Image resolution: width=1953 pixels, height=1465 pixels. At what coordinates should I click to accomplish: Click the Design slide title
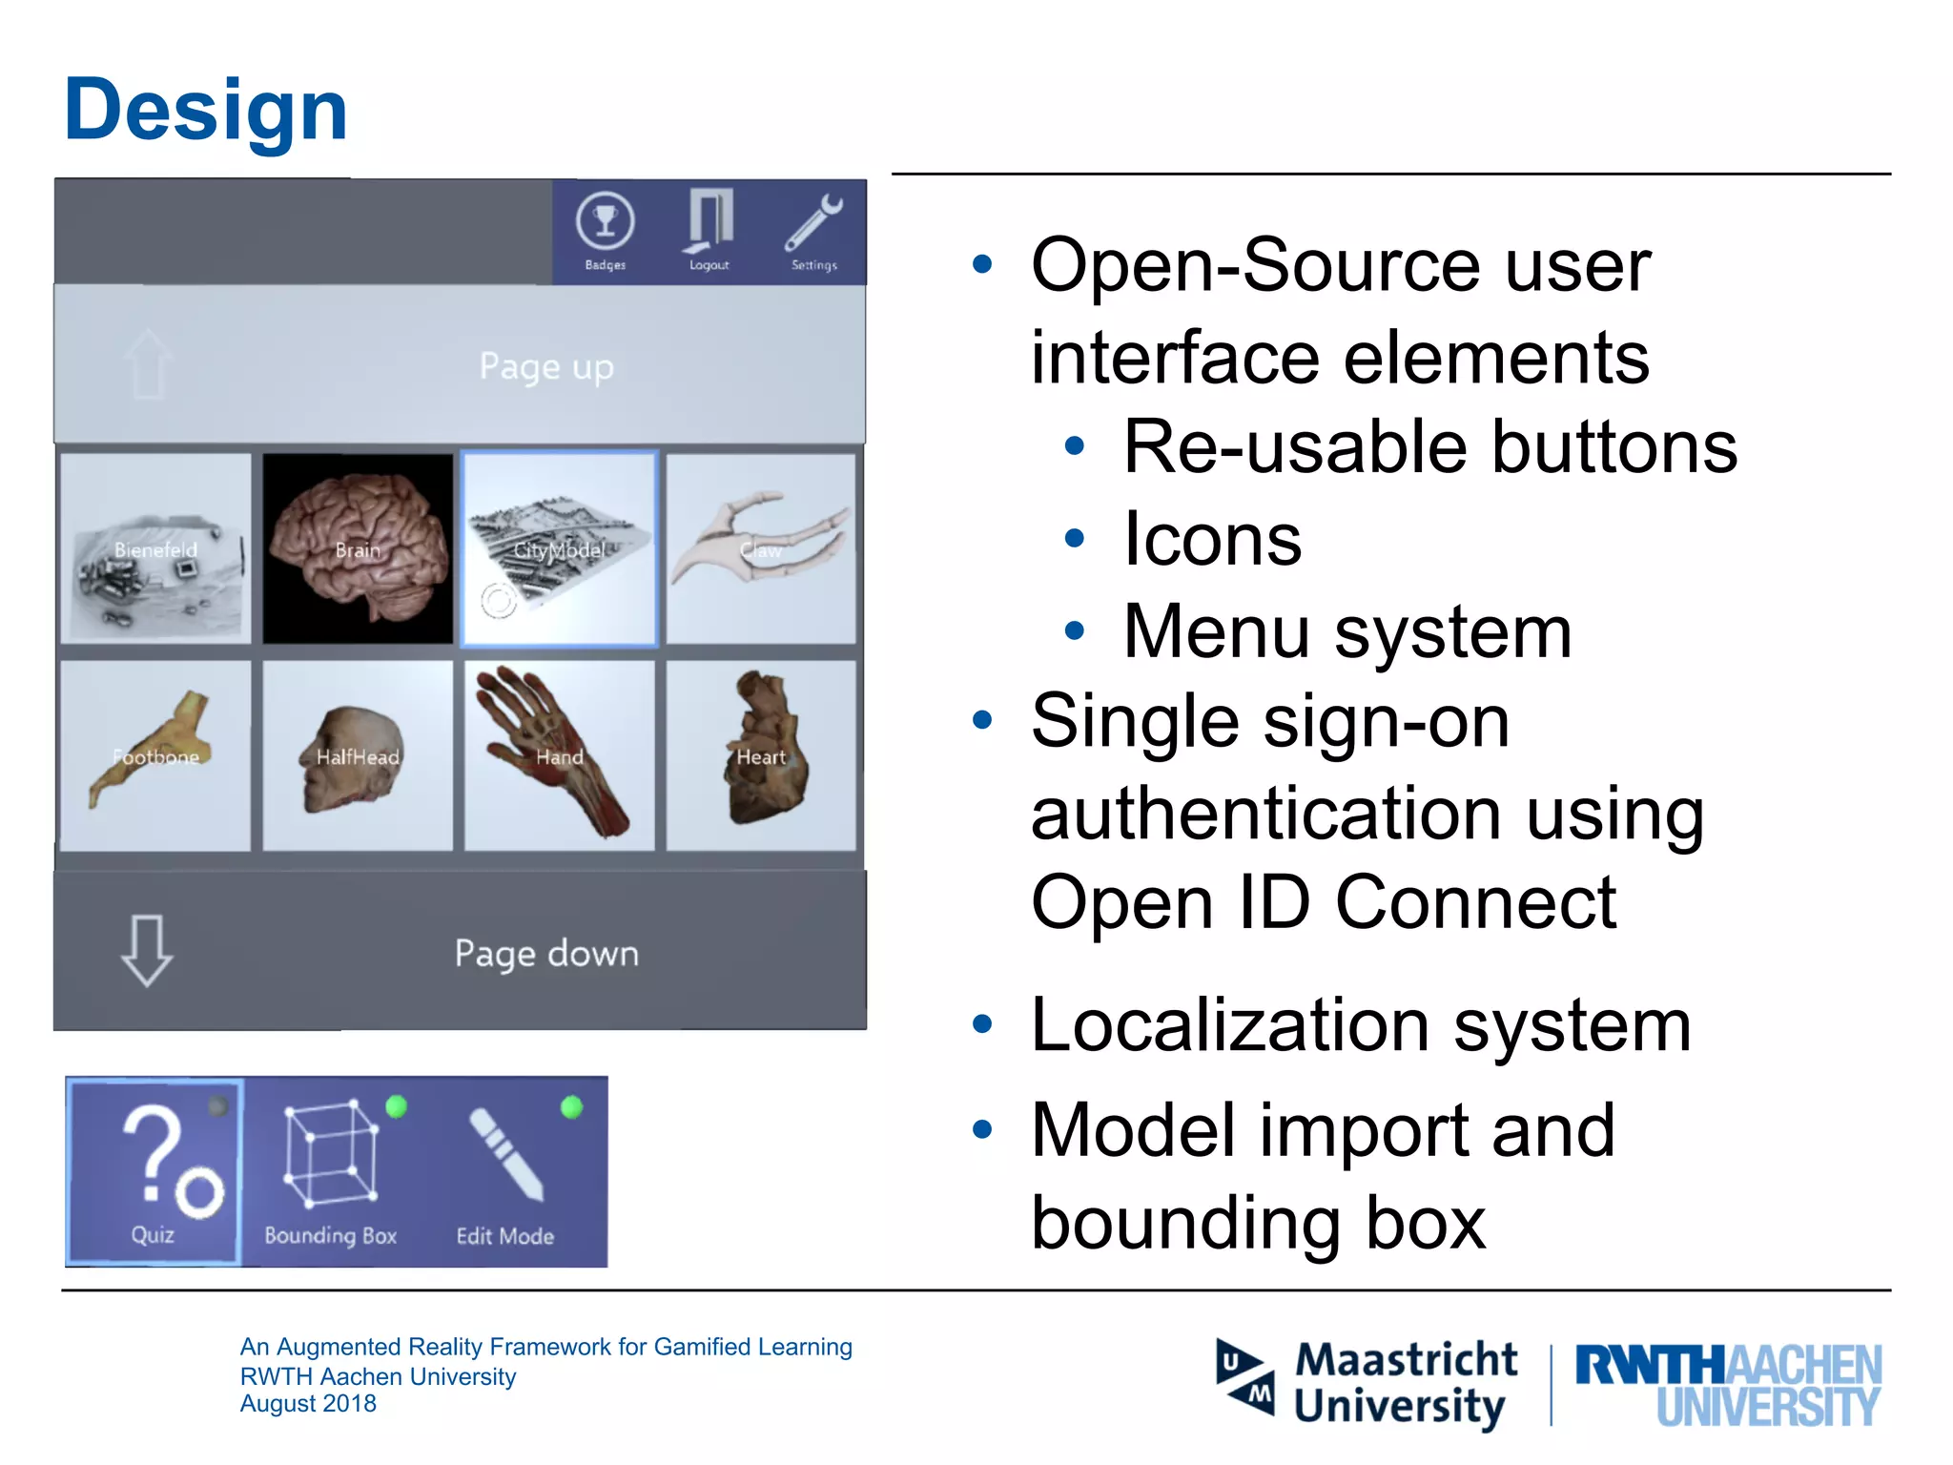pos(206,111)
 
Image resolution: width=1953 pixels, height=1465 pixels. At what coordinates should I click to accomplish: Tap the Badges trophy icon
pos(605,221)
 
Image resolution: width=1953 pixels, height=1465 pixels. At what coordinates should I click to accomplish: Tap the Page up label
pos(546,367)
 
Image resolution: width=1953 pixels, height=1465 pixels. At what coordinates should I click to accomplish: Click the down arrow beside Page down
pos(147,951)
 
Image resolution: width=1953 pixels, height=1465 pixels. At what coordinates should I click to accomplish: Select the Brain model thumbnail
pos(358,548)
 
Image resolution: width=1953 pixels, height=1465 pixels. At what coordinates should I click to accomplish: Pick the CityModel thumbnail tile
pos(560,548)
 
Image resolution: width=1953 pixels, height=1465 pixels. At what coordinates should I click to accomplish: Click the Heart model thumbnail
pos(761,755)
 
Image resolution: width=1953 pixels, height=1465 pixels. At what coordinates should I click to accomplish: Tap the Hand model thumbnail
pos(560,755)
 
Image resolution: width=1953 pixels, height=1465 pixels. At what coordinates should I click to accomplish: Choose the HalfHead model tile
pos(358,755)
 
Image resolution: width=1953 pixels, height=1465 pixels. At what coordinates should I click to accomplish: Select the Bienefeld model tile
pos(155,548)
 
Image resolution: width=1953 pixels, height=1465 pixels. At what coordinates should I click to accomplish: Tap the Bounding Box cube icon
pos(331,1153)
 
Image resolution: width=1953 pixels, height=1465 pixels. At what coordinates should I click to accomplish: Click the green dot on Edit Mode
pos(572,1107)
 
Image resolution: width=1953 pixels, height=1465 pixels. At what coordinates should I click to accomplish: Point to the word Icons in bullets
pos(1212,540)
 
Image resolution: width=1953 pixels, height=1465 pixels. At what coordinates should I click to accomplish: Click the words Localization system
pos(1361,1026)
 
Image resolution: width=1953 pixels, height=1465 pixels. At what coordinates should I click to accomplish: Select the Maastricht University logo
pos(1367,1383)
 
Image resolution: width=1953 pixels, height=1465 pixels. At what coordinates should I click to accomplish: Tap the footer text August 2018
pos(308,1404)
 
